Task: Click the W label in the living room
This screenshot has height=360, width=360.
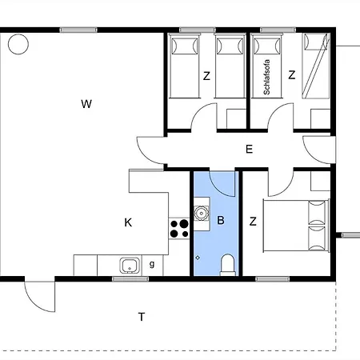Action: (x=86, y=104)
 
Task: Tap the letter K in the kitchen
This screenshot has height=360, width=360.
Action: (x=128, y=222)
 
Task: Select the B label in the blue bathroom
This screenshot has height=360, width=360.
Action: (x=221, y=220)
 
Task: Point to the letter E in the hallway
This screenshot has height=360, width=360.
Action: (x=249, y=149)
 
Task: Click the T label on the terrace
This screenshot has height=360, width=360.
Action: (x=142, y=317)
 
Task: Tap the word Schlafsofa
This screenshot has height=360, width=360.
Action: (x=266, y=77)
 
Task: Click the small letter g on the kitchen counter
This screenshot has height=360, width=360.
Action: (x=152, y=264)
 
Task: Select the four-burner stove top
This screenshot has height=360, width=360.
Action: (x=179, y=229)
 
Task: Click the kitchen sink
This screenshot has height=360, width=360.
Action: (x=130, y=266)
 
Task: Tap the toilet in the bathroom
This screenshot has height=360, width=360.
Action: (x=228, y=265)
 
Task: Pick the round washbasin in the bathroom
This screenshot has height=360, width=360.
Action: (x=201, y=214)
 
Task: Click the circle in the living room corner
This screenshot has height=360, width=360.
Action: (x=18, y=44)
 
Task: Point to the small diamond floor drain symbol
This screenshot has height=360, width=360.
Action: (x=198, y=258)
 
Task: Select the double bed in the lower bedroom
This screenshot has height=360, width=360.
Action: (x=296, y=226)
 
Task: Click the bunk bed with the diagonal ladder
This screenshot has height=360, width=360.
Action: (x=316, y=66)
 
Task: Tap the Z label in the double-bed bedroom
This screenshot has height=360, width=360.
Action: (x=253, y=222)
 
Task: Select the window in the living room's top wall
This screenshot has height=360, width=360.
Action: (x=78, y=30)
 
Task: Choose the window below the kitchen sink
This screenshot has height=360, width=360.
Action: (x=130, y=279)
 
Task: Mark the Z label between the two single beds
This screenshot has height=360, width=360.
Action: (x=206, y=76)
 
